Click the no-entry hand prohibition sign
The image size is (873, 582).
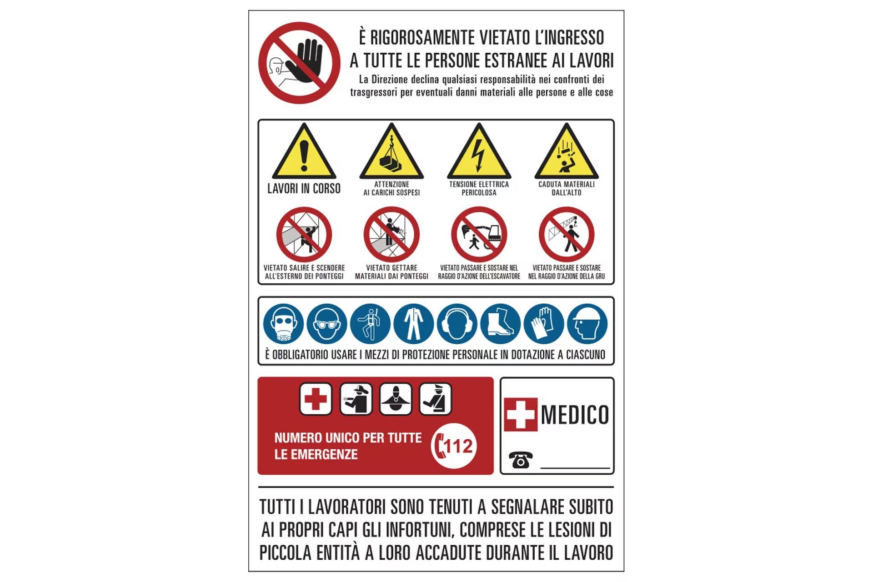coord(299,63)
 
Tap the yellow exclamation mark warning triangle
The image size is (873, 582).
coord(304,151)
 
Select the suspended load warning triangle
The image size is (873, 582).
coord(391,151)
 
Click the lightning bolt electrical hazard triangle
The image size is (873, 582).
coord(479,151)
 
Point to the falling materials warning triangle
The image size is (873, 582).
coord(567,151)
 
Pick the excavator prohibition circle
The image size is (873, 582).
coord(479,235)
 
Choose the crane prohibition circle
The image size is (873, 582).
coord(567,235)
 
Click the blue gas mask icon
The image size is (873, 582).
coord(283,324)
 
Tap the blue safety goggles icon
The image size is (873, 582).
coord(327,324)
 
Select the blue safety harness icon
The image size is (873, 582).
coord(371,324)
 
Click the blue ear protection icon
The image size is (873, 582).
coord(457,324)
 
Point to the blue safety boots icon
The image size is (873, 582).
coord(500,324)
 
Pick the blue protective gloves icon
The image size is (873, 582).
coord(544,324)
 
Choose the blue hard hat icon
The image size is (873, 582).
coord(587,324)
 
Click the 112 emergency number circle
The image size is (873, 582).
coord(454,446)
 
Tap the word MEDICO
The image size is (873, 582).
coord(575,415)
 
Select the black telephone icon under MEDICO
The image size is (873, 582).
coord(521,460)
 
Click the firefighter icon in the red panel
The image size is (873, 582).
coord(356,399)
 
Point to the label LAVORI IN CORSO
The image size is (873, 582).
coord(304,188)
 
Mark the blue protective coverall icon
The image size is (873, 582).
coord(414,324)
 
